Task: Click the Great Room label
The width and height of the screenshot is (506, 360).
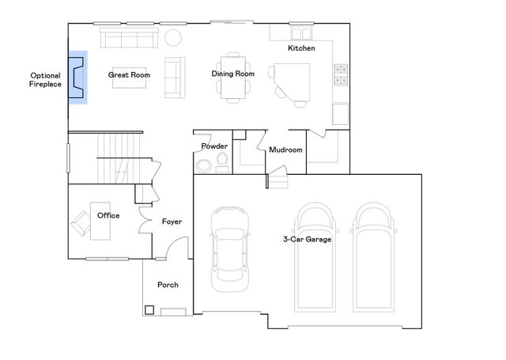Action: click(129, 75)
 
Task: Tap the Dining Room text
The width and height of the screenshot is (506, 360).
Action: click(232, 74)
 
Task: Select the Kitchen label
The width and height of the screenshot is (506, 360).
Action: click(301, 48)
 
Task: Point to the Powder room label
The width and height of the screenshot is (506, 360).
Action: click(214, 146)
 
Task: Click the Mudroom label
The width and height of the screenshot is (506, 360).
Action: click(285, 150)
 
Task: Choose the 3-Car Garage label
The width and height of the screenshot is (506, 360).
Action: click(308, 239)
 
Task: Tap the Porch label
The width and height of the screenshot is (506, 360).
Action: click(168, 285)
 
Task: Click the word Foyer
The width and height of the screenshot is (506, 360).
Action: click(172, 222)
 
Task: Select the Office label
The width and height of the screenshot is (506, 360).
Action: click(108, 215)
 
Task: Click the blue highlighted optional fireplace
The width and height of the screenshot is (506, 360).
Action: click(77, 78)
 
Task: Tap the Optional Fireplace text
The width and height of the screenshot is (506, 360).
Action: click(45, 80)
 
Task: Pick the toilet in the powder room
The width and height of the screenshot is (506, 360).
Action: click(222, 162)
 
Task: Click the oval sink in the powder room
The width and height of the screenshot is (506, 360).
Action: click(204, 166)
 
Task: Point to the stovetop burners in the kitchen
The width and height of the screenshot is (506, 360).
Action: click(341, 75)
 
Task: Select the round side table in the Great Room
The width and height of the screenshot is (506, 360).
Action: click(173, 38)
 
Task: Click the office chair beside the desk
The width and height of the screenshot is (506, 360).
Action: click(81, 223)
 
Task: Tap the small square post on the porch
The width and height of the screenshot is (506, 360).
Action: click(149, 310)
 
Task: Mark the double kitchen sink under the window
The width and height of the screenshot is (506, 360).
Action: click(301, 33)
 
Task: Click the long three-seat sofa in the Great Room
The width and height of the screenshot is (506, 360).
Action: click(129, 38)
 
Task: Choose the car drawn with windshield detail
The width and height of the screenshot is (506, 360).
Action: click(230, 249)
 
